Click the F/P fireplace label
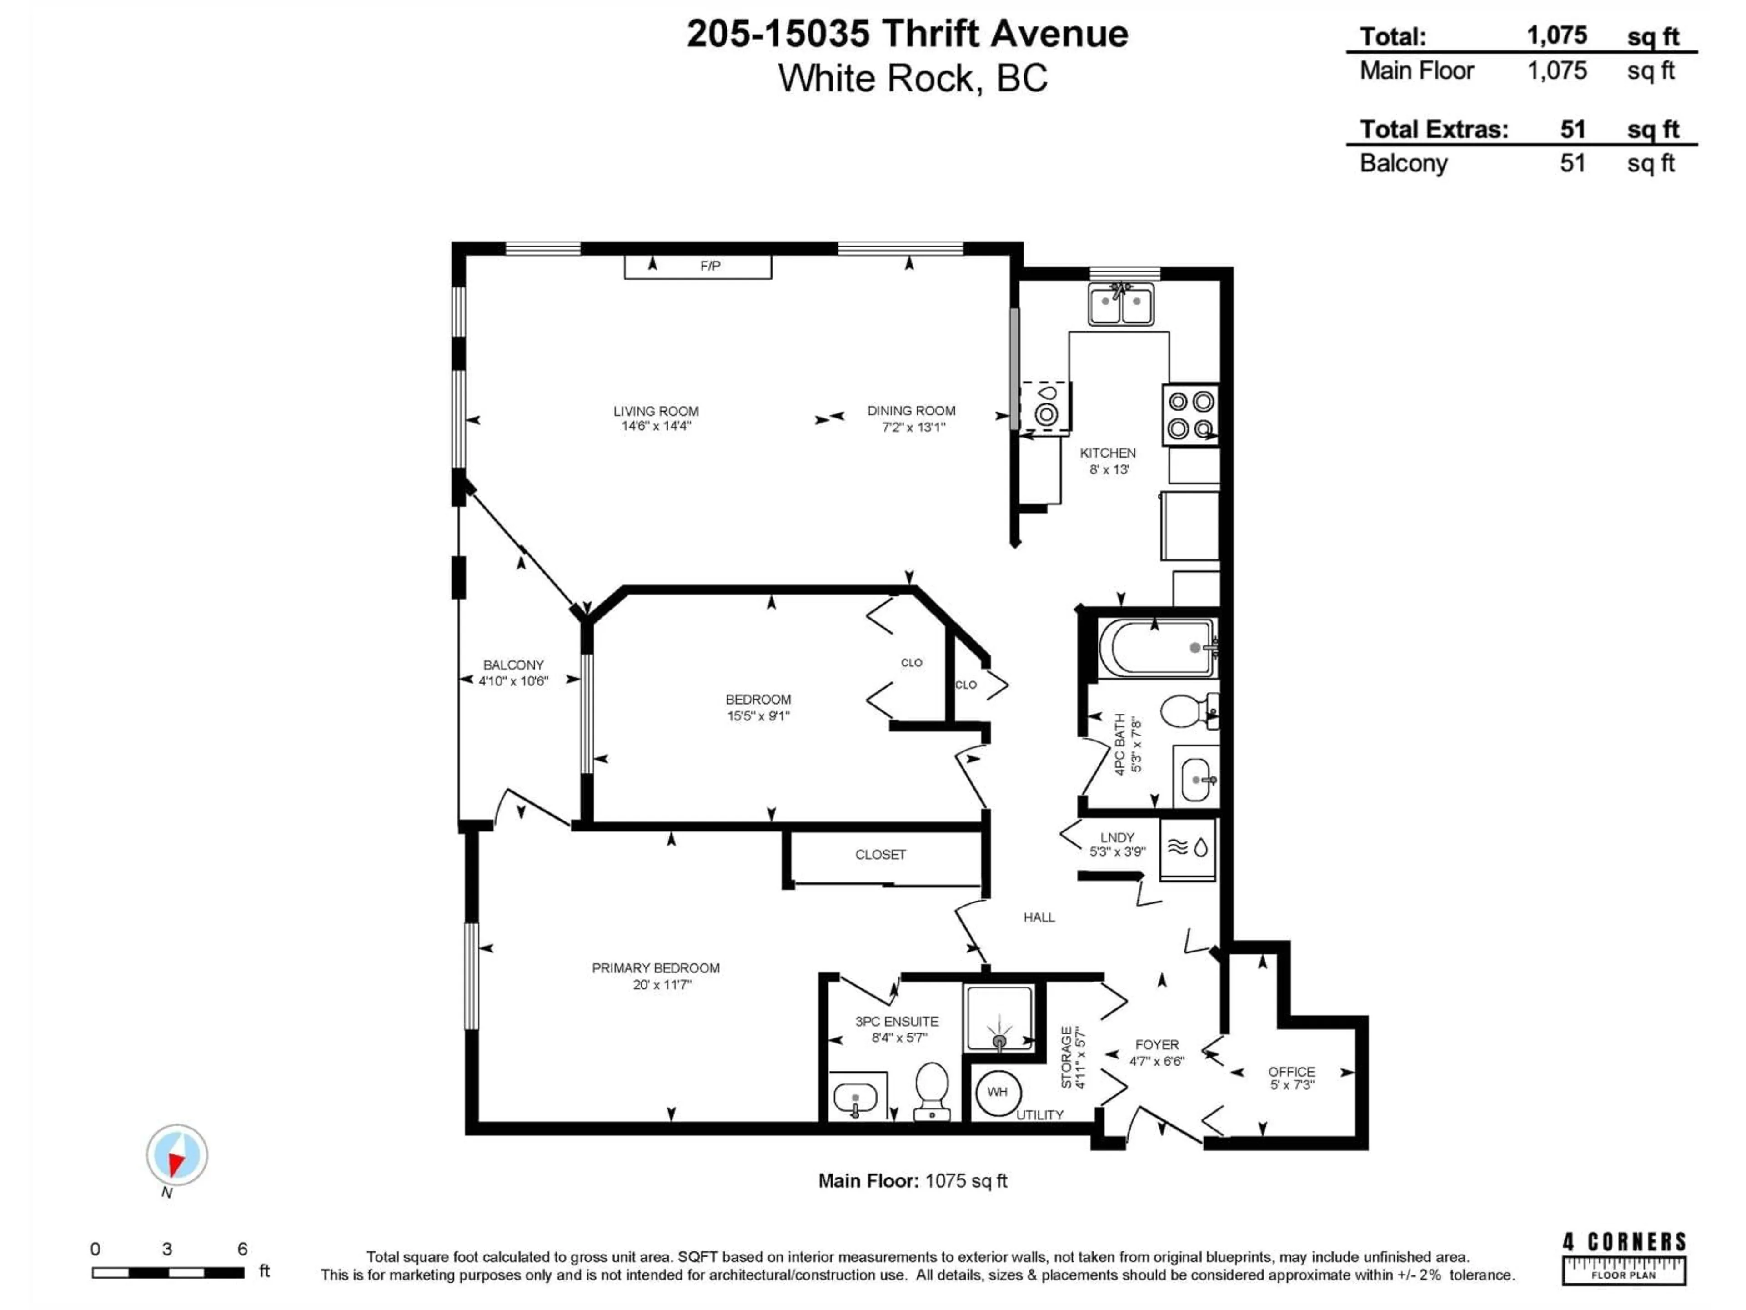[x=710, y=266]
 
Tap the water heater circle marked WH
[x=997, y=1092]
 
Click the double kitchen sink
[x=1121, y=304]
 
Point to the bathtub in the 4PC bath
[x=1155, y=648]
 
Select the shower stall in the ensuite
[x=999, y=1018]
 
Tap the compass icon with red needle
[x=177, y=1155]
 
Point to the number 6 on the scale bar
[x=242, y=1249]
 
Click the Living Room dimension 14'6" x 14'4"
[x=656, y=426]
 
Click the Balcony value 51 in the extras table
[x=1571, y=163]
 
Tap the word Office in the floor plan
[x=1291, y=1072]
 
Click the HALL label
[x=1039, y=917]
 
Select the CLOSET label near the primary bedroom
[x=880, y=854]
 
